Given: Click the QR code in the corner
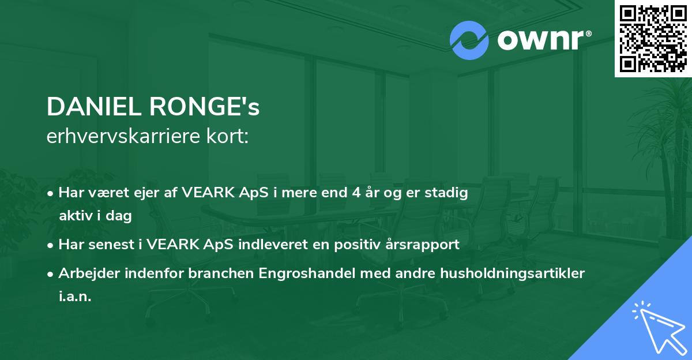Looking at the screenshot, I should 652,38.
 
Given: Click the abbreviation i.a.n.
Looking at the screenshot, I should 75,297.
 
